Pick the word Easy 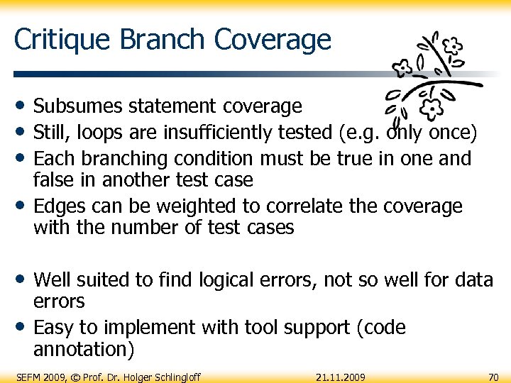(56, 328)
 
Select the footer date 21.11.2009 (341, 377)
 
